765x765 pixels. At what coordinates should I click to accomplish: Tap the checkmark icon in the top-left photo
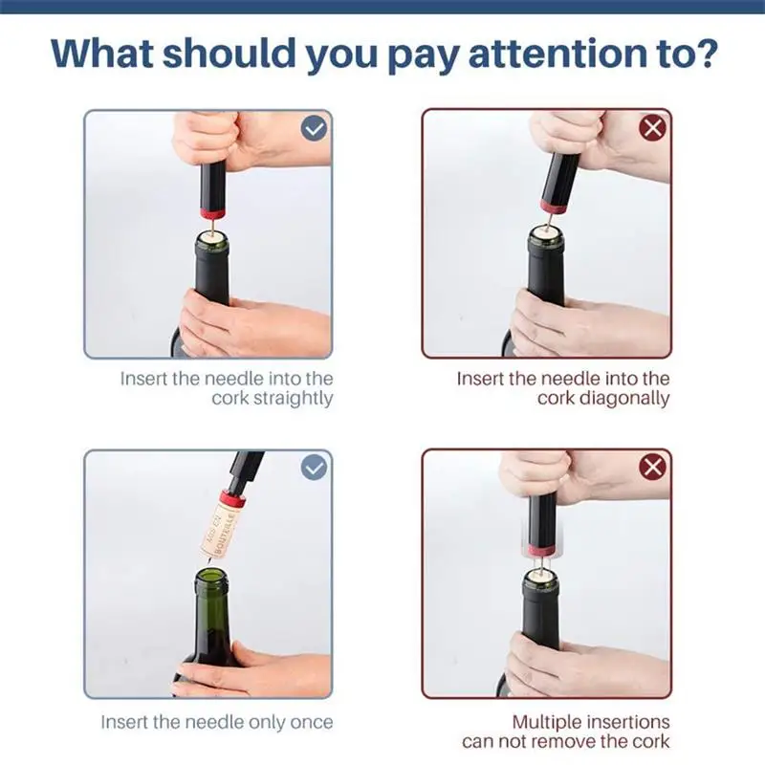(x=315, y=128)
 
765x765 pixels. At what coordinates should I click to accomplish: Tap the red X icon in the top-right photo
(x=652, y=128)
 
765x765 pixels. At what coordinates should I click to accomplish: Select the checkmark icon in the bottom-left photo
(x=315, y=468)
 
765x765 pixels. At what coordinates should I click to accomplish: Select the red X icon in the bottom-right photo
(x=652, y=468)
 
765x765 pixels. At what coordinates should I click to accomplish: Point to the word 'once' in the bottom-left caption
(x=307, y=722)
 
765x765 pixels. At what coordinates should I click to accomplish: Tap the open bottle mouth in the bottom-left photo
(x=210, y=578)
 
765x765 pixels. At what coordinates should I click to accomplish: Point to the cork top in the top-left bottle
(x=212, y=234)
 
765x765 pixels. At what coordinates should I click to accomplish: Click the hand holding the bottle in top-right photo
(x=564, y=320)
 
